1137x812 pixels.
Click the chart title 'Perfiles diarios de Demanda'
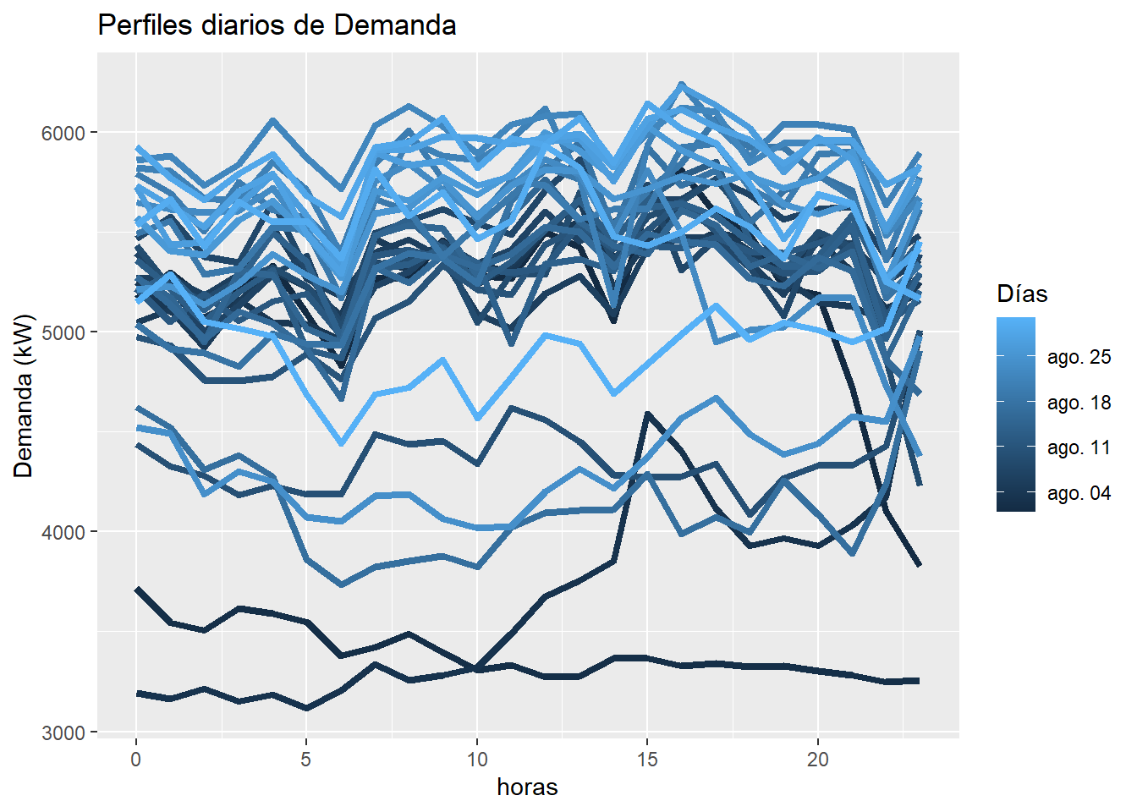point(277,25)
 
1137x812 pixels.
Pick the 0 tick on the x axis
point(136,760)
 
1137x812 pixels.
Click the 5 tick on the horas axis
point(306,760)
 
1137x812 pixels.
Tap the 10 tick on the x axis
point(477,760)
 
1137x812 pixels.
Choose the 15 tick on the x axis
point(647,760)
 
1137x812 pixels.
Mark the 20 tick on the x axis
point(818,760)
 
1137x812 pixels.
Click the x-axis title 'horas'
point(527,787)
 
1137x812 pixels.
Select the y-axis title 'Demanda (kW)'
point(24,396)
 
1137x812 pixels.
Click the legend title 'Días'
point(1022,294)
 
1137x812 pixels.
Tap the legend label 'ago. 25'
point(1079,357)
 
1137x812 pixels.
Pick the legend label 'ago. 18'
point(1079,403)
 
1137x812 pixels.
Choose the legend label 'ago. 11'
point(1079,447)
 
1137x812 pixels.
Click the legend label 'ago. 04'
point(1079,493)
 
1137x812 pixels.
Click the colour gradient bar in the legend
point(1015,414)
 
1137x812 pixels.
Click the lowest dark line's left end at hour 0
point(137,694)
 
